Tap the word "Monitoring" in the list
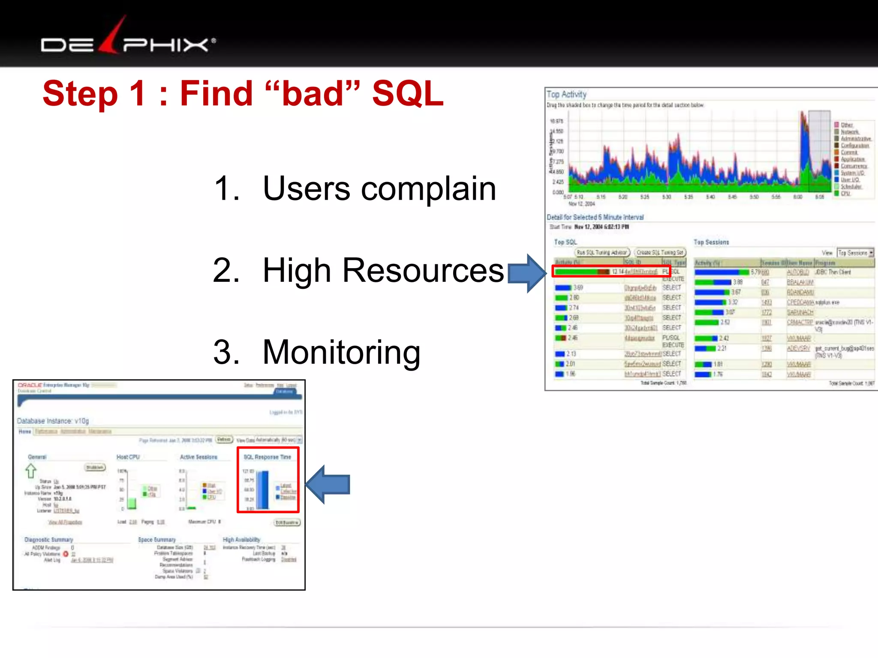(341, 352)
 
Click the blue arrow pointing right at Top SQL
(526, 273)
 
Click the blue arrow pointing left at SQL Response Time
(328, 484)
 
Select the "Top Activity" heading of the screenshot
(566, 94)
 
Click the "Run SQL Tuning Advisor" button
(602, 253)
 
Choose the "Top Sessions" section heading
(711, 242)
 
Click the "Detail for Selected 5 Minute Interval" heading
(595, 217)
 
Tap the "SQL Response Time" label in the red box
(268, 457)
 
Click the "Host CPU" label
(128, 457)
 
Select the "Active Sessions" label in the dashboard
(198, 457)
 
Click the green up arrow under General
(30, 471)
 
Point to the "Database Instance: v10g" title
(53, 421)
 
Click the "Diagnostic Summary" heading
(49, 539)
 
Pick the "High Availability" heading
(241, 539)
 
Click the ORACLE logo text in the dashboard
(30, 385)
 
